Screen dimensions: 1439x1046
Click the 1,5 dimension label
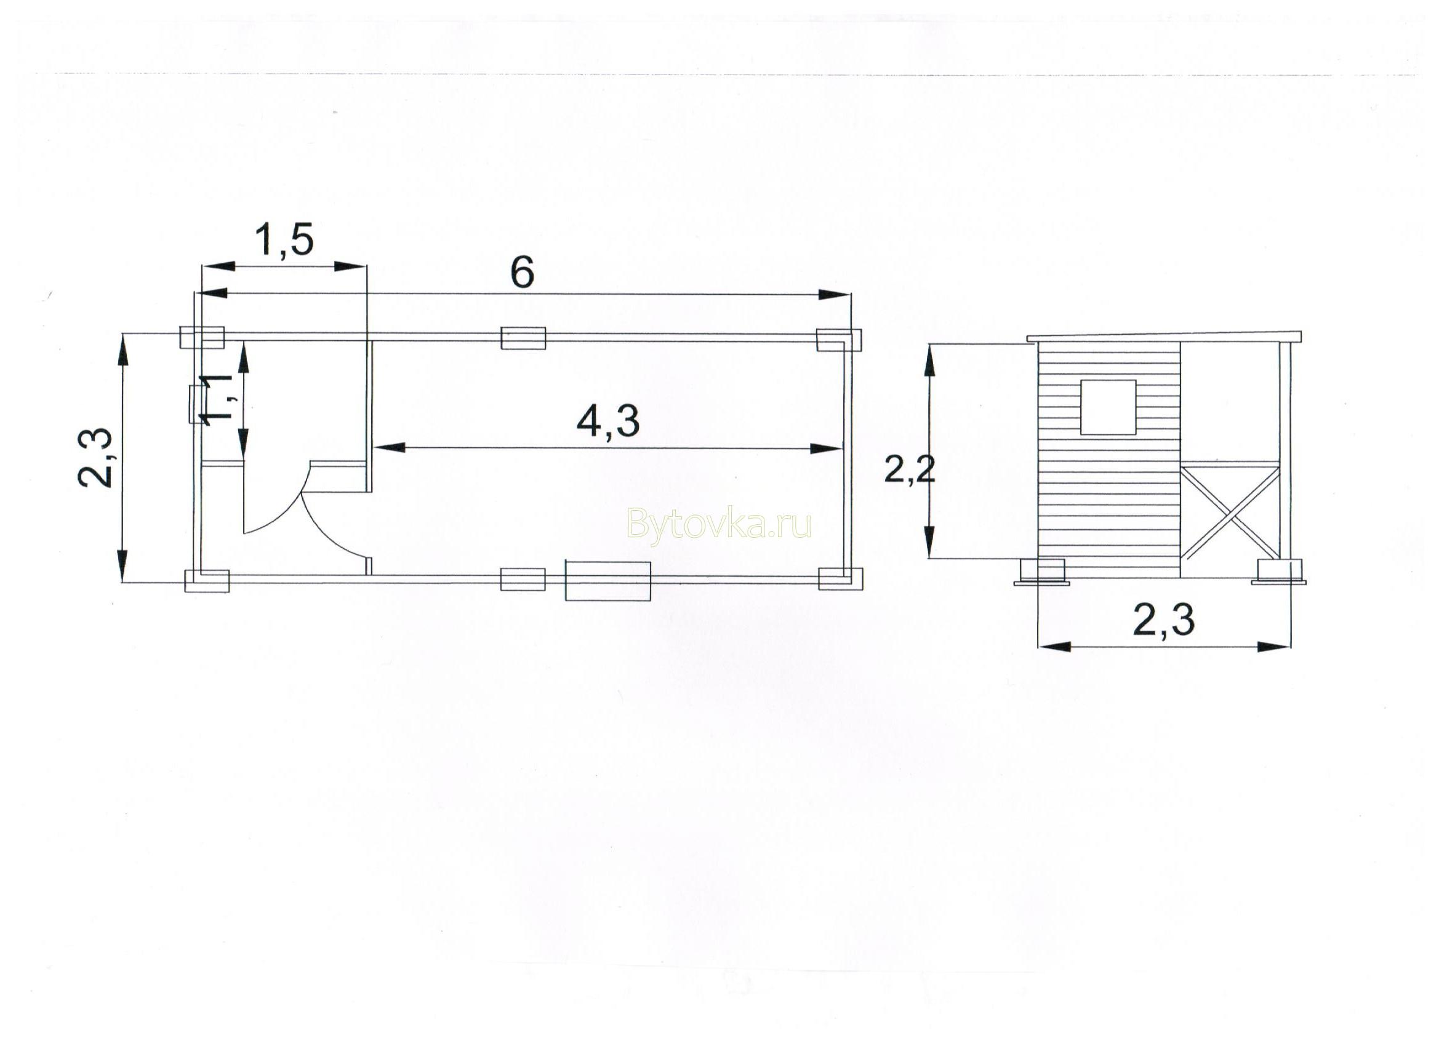click(284, 240)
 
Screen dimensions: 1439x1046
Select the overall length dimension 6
click(522, 273)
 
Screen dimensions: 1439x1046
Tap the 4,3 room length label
click(608, 421)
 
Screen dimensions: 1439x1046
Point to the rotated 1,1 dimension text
click(215, 398)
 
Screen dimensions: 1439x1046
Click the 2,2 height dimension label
click(910, 471)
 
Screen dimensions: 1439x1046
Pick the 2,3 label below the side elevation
click(1164, 620)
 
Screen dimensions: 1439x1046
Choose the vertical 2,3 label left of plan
click(96, 457)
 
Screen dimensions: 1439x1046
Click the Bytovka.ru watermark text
click(719, 524)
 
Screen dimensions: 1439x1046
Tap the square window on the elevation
click(1108, 407)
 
